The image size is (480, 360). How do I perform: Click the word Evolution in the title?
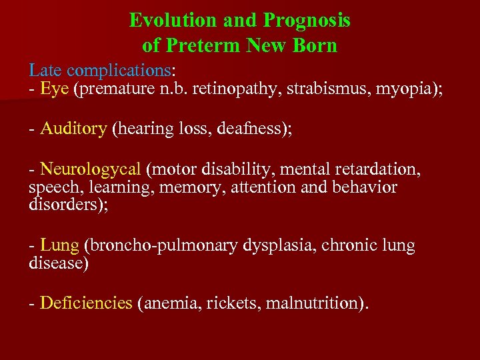coord(173,21)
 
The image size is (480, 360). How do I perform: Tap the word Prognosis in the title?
coord(307,21)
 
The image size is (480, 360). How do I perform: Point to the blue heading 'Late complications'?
coord(100,70)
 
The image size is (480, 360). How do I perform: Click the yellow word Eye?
coord(55,89)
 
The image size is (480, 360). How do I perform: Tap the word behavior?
coord(363,187)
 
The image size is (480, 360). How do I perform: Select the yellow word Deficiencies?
coord(86,303)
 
